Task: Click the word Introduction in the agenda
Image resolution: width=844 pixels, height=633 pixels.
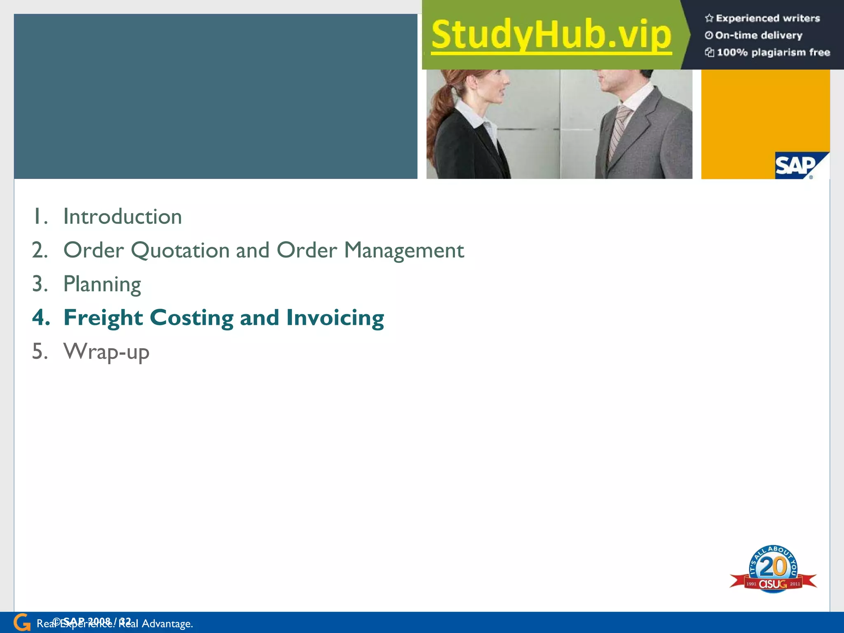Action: point(122,217)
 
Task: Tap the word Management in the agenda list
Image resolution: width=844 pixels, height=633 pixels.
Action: point(404,251)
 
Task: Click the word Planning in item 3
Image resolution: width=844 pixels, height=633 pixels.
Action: point(102,284)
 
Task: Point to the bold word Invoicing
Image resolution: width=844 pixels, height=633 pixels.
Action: point(335,318)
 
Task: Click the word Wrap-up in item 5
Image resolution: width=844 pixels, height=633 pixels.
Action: point(106,352)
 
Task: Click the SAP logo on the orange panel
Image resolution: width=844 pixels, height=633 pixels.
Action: point(797,166)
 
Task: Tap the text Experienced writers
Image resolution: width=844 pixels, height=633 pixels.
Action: point(768,18)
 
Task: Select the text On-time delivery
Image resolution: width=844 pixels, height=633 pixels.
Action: point(759,35)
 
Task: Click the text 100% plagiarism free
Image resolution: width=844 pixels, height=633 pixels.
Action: point(773,52)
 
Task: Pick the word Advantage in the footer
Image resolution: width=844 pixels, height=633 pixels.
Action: point(167,624)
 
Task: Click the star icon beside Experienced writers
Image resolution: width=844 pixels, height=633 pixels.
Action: point(709,18)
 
